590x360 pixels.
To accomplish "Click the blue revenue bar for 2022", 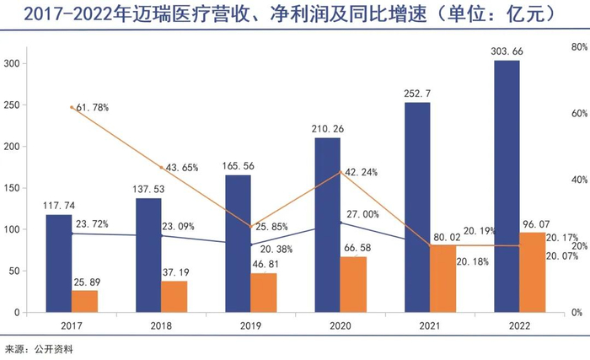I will [x=507, y=185].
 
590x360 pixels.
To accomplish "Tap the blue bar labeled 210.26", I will [x=328, y=224].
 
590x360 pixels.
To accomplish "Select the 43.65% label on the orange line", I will [x=182, y=168].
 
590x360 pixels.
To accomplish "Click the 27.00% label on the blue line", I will [x=364, y=214].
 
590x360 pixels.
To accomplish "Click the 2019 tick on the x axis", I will [x=238, y=325].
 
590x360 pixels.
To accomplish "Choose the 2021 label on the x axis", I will [x=416, y=325].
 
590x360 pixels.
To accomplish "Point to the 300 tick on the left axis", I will [x=12, y=64].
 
